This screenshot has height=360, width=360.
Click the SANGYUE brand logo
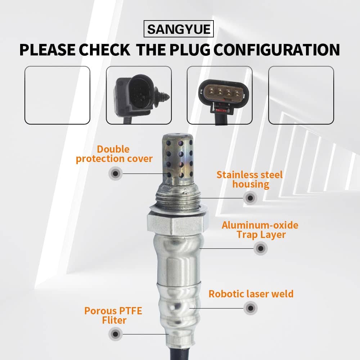179,29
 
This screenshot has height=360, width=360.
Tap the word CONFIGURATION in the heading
276,50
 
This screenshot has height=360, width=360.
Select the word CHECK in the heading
105,50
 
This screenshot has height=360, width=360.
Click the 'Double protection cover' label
114,154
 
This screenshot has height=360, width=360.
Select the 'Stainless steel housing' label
249,180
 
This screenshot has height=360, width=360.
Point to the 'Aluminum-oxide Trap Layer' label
260,230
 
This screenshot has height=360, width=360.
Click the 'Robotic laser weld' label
251,294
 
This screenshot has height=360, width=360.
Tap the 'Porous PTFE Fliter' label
113,316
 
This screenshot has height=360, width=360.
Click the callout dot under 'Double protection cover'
116,174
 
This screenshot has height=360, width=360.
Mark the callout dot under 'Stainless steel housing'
250,198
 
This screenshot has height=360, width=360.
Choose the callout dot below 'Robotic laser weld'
251,308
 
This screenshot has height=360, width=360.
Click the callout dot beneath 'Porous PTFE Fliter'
116,334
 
